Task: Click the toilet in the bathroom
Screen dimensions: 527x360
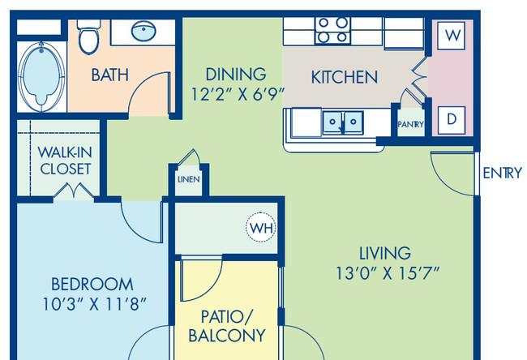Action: [x=88, y=37]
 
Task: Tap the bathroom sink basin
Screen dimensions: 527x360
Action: [x=144, y=31]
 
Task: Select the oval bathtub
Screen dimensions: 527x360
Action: [x=41, y=76]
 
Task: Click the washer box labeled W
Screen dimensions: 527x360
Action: [x=452, y=36]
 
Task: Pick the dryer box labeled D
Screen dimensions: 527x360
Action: [x=452, y=120]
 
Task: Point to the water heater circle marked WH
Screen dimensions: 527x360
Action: [x=261, y=228]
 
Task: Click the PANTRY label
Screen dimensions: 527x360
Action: [x=410, y=124]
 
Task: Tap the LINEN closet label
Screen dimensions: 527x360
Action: [x=189, y=179]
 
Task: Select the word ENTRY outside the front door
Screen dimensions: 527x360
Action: [x=503, y=174]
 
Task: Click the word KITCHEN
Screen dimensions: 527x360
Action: [x=345, y=77]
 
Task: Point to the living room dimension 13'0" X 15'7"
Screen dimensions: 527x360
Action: [x=388, y=273]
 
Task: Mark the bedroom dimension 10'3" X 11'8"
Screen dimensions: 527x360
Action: [x=94, y=304]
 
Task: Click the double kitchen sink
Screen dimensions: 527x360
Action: [x=343, y=122]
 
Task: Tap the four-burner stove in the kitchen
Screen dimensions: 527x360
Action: [x=332, y=31]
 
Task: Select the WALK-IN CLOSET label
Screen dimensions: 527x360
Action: [x=65, y=161]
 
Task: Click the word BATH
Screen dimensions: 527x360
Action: [x=110, y=75]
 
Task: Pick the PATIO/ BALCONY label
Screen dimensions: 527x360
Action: [x=227, y=326]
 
